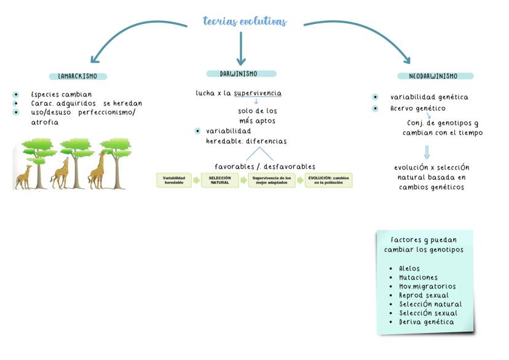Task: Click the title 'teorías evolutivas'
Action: tap(245, 22)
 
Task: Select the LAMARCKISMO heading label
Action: tap(77, 77)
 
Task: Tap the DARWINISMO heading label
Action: tap(239, 74)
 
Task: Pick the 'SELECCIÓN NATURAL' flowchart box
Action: tap(219, 180)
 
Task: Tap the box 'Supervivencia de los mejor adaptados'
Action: tap(271, 180)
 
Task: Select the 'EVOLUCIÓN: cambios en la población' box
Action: tap(328, 180)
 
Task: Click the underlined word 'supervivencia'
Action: tap(258, 93)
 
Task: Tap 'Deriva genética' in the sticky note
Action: tap(427, 322)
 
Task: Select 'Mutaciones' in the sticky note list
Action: tap(420, 278)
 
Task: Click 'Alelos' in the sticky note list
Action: tap(409, 269)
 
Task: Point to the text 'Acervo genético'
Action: tap(417, 109)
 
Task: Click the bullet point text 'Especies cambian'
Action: tap(61, 95)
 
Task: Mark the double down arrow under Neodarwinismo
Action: tap(427, 151)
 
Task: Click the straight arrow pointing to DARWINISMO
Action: tap(241, 47)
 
